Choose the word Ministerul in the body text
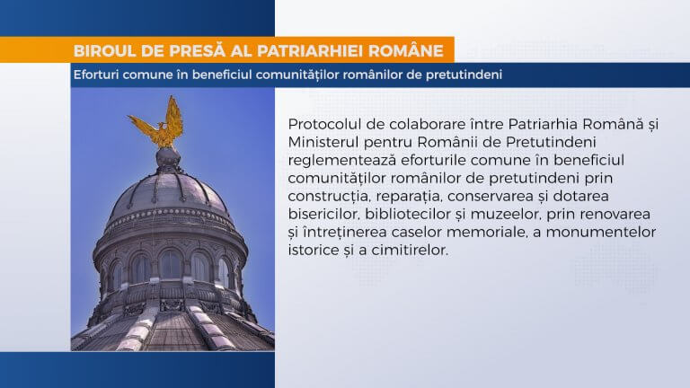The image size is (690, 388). [323, 142]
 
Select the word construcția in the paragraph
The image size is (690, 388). [325, 197]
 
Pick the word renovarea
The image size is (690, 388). [616, 215]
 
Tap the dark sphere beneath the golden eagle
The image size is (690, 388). [168, 157]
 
